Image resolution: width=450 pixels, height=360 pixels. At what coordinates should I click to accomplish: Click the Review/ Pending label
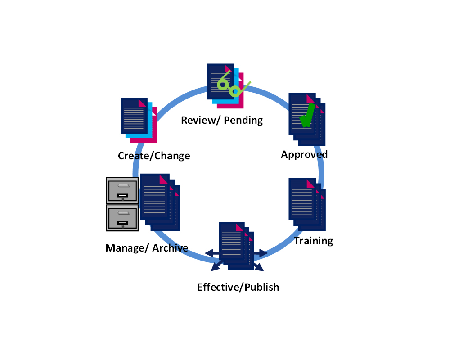coord(222,120)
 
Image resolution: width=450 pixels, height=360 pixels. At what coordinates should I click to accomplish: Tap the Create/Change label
coord(154,156)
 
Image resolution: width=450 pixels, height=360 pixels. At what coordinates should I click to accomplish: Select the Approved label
coord(304,154)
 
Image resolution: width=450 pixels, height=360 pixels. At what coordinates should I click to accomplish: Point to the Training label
coord(314,241)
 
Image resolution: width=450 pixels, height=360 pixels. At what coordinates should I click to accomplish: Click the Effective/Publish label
coord(238,287)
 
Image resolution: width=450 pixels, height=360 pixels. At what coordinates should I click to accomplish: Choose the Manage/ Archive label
coord(147,248)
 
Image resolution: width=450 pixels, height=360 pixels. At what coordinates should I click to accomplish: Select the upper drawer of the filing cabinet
coord(122,190)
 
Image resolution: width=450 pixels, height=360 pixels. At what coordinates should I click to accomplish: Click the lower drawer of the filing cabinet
coord(122,218)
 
